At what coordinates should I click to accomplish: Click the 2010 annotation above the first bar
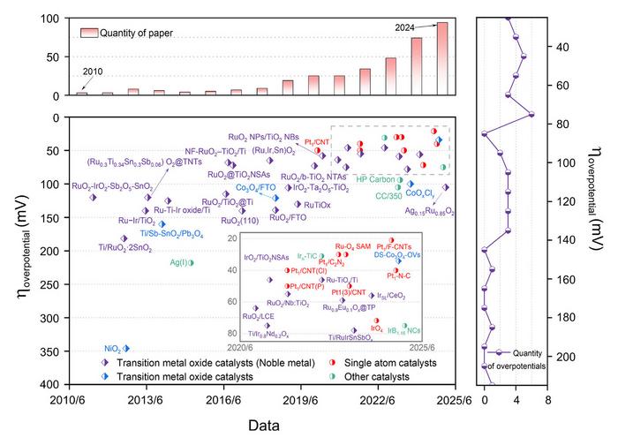click(92, 72)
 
